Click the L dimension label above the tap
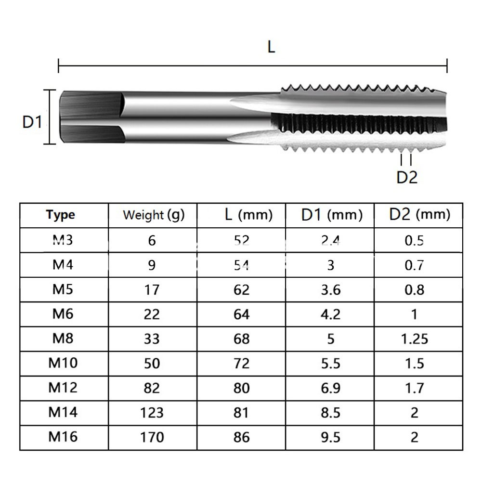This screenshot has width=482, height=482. (x=271, y=47)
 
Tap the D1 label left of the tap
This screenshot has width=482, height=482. (x=32, y=122)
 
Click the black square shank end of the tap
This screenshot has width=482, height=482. (x=90, y=117)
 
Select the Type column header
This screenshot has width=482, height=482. (x=61, y=215)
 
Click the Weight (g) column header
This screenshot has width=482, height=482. (x=153, y=215)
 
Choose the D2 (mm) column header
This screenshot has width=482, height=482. (x=419, y=214)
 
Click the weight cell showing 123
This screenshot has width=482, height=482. (x=152, y=413)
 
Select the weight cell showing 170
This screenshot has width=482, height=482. (x=152, y=437)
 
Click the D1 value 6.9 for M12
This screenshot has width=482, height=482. (x=330, y=388)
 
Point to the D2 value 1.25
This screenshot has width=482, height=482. (x=414, y=339)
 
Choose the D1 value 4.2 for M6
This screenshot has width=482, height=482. (x=330, y=314)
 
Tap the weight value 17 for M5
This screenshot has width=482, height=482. (x=152, y=290)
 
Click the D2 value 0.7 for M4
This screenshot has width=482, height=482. (x=414, y=265)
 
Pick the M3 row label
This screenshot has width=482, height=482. (x=61, y=239)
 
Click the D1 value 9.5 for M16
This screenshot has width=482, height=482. (x=330, y=437)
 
